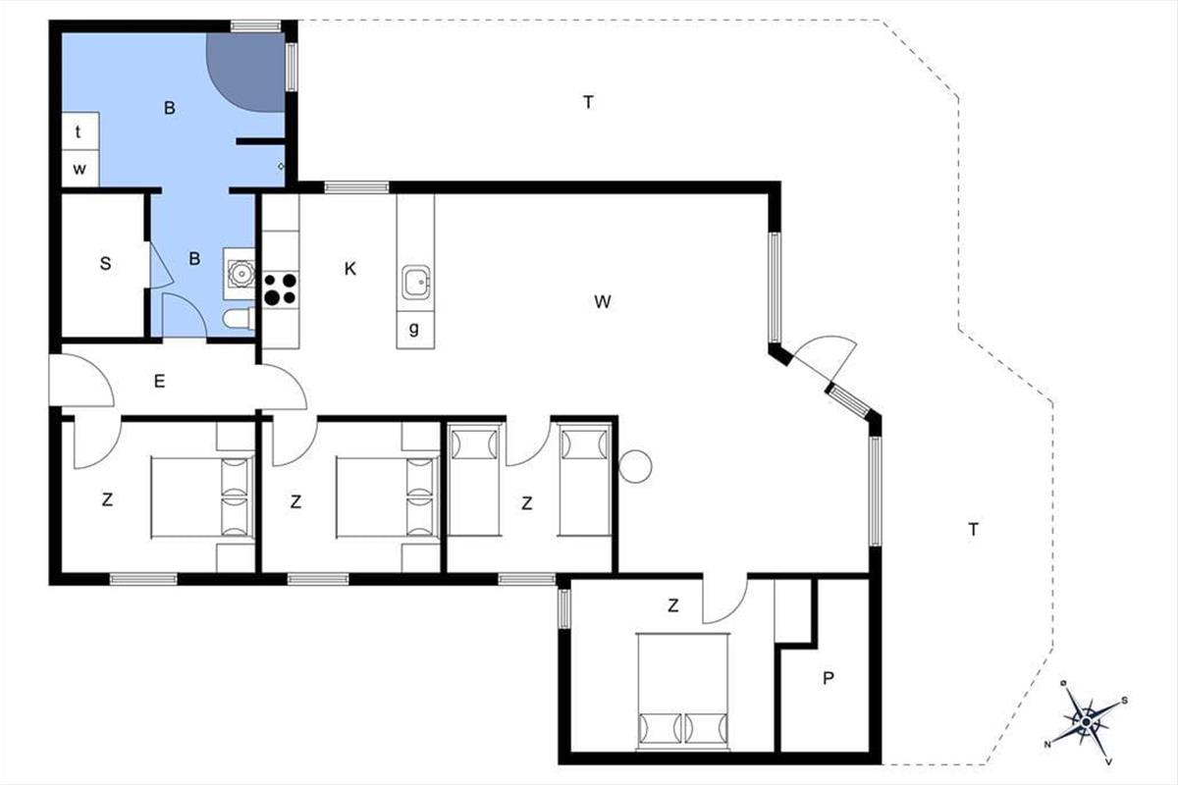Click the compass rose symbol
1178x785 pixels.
click(1086, 722)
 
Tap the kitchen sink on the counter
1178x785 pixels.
click(416, 282)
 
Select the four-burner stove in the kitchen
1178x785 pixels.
click(281, 289)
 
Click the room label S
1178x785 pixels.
click(105, 263)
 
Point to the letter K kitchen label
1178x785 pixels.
click(349, 269)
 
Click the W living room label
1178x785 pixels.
click(602, 302)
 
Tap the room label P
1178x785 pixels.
click(828, 678)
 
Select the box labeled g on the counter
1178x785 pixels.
click(415, 329)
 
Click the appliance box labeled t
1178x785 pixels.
click(80, 131)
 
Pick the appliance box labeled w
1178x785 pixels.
click(80, 169)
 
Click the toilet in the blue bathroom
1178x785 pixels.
click(239, 319)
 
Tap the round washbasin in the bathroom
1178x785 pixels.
click(241, 273)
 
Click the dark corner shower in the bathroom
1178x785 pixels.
click(245, 73)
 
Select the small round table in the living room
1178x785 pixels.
click(635, 466)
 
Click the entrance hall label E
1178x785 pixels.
click(159, 381)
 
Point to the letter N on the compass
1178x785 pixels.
click(1047, 744)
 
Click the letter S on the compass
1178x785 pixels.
click(1124, 701)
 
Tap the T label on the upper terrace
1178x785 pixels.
click(588, 102)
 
